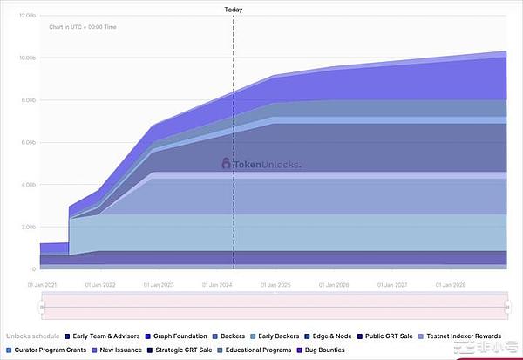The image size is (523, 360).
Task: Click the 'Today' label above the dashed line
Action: (x=234, y=10)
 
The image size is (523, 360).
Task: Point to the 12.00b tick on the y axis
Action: (x=26, y=16)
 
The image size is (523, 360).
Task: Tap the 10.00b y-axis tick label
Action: (x=26, y=58)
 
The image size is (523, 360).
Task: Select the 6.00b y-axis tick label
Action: (x=28, y=142)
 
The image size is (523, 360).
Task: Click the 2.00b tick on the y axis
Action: (x=28, y=227)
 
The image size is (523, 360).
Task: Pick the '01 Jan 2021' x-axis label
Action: (x=43, y=284)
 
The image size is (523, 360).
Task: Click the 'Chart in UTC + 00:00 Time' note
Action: (x=83, y=27)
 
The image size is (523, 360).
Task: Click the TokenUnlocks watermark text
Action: (x=266, y=163)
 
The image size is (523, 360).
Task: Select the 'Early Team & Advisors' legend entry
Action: (x=103, y=336)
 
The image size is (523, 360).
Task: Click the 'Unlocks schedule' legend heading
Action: (x=31, y=336)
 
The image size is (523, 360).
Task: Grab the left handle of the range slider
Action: (x=41, y=307)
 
